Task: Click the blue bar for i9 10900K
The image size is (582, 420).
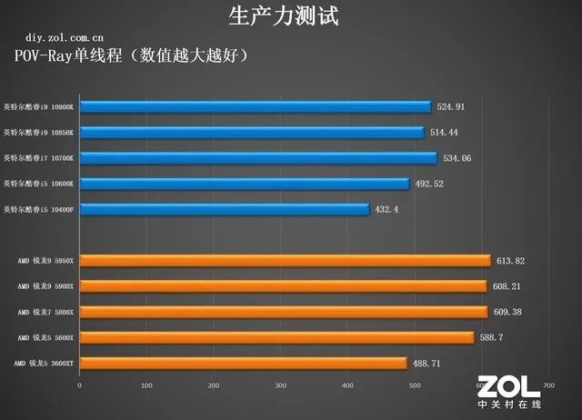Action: [255, 106]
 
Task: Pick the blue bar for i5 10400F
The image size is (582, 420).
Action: [224, 209]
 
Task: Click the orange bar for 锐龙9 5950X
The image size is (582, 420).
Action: [285, 261]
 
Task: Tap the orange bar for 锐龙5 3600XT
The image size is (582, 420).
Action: [243, 363]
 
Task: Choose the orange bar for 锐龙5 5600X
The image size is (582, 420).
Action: [276, 337]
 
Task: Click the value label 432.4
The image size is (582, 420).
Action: [387, 209]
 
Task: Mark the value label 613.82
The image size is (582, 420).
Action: [511, 261]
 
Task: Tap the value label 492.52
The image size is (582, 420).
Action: [430, 184]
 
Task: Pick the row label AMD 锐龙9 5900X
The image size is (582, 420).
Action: [46, 286]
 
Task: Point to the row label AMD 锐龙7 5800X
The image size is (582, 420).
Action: [46, 312]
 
